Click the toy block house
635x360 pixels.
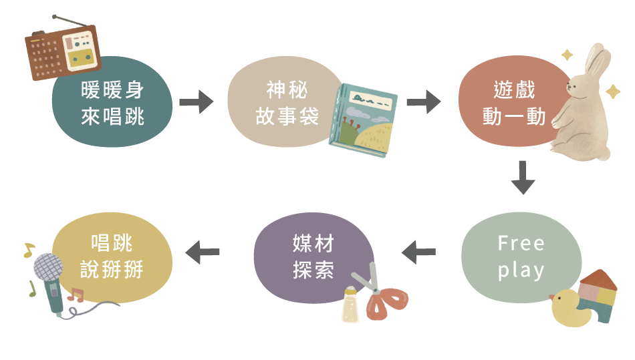599,295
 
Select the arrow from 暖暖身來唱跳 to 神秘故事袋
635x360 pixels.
196,102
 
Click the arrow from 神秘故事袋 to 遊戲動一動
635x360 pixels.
423,102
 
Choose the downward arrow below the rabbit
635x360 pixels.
523,178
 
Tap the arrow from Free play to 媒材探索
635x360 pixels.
418,252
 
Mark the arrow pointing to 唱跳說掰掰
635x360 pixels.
202,252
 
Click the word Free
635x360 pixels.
521,243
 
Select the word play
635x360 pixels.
521,271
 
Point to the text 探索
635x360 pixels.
313,271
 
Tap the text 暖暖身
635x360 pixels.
112,89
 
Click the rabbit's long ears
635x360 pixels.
597,63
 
